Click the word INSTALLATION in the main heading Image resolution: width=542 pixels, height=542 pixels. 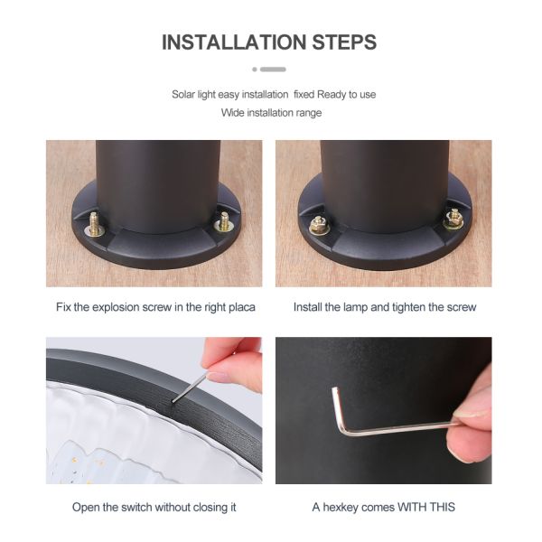(234, 42)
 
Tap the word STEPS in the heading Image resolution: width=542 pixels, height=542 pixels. (344, 42)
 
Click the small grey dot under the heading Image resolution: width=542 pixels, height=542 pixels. (255, 70)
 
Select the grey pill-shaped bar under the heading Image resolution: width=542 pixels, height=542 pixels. (273, 70)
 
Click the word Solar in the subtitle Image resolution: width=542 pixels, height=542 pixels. (183, 94)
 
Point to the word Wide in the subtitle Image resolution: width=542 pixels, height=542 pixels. (232, 113)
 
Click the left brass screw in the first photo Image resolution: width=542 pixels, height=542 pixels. (94, 225)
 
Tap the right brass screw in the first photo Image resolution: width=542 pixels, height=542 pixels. (224, 222)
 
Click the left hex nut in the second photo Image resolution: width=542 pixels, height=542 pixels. (318, 225)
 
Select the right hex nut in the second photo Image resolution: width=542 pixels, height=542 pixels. (453, 220)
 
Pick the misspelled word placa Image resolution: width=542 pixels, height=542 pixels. (242, 307)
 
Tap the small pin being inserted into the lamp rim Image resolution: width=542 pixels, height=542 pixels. (190, 388)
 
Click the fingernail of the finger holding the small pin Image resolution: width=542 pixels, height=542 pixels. (220, 376)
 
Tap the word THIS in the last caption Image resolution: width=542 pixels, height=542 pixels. (442, 507)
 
